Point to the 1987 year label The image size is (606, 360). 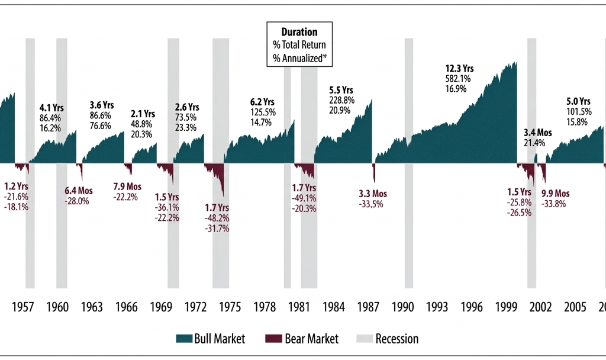click(368, 307)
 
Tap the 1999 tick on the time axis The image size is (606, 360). click(507, 307)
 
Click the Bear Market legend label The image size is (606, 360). click(311, 339)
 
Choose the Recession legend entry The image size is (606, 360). click(396, 339)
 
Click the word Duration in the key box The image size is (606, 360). click(299, 32)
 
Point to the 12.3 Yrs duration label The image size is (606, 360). click(459, 67)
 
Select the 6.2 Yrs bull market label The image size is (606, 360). click(262, 101)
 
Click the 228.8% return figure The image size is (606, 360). click(341, 100)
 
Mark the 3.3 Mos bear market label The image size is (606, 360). click(373, 194)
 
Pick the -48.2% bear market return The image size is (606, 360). click(217, 218)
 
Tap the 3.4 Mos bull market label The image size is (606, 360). click(537, 133)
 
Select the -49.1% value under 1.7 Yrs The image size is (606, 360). click(304, 198)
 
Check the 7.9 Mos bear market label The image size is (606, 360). click(127, 187)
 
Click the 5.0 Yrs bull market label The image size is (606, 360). click(579, 101)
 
